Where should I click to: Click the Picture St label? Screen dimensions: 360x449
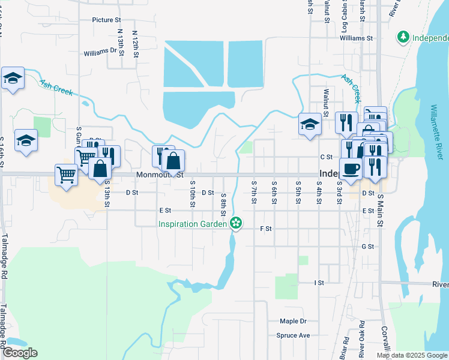tap(107, 20)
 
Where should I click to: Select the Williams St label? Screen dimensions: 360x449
tap(356, 38)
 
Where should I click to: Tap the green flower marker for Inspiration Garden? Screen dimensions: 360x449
tap(237, 224)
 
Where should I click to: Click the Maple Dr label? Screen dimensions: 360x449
tap(292, 322)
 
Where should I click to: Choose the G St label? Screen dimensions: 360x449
tap(367, 247)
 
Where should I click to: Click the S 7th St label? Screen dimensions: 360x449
tap(255, 190)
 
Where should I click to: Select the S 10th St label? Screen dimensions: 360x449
tap(192, 194)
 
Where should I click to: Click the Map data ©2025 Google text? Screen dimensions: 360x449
tap(412, 355)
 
